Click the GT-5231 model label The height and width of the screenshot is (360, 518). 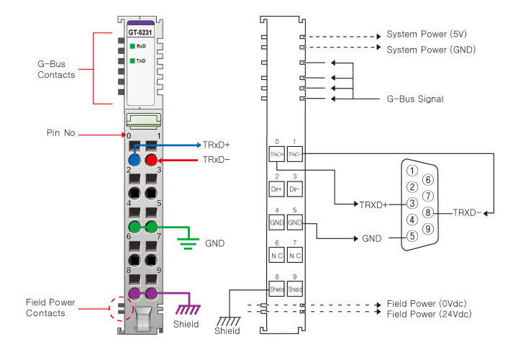click(x=141, y=32)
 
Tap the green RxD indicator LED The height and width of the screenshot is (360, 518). click(x=133, y=47)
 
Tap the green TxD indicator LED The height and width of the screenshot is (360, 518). click(x=133, y=61)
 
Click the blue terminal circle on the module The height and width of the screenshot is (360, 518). click(x=134, y=161)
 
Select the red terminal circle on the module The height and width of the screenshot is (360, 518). click(x=152, y=161)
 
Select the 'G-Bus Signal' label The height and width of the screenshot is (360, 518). click(x=415, y=99)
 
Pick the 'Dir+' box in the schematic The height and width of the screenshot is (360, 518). click(x=277, y=189)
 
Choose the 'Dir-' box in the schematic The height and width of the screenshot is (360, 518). click(x=295, y=189)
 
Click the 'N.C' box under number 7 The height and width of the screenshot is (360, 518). click(x=295, y=256)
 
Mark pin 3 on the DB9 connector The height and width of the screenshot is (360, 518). click(x=412, y=204)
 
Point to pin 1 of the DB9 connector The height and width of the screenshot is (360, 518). click(x=412, y=171)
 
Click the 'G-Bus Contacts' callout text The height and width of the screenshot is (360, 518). click(x=56, y=70)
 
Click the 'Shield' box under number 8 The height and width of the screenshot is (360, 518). click(x=277, y=290)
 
